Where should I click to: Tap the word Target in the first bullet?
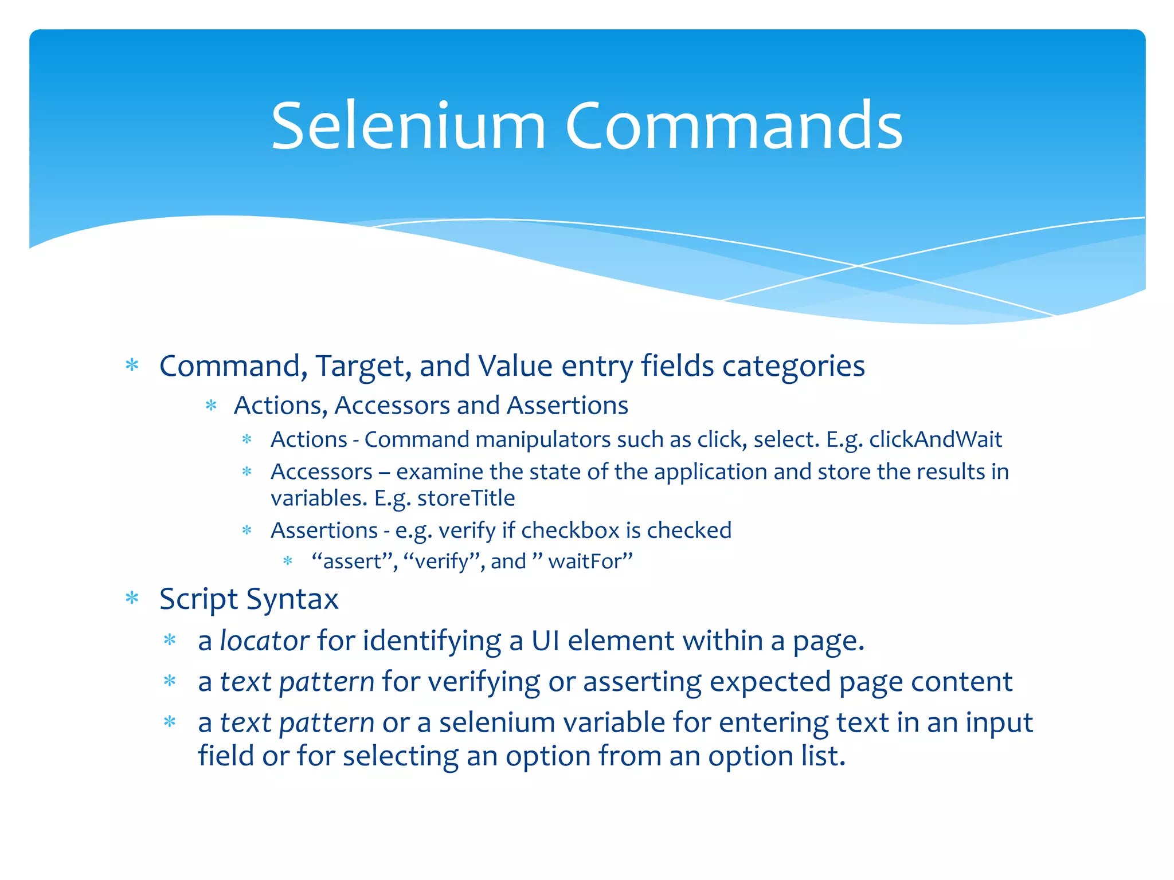(363, 366)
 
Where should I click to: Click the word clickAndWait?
(936, 440)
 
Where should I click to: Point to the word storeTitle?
(466, 498)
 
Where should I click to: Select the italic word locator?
(265, 641)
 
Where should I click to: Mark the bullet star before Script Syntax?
(132, 599)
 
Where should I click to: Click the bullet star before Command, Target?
(132, 365)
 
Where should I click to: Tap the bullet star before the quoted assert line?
(288, 561)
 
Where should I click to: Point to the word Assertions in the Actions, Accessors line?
(568, 406)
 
